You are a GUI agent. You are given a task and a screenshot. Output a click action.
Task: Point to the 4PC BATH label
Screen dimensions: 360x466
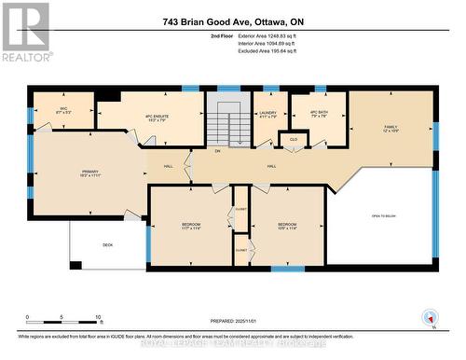[317, 116]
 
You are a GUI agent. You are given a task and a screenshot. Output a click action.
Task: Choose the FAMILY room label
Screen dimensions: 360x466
[391, 128]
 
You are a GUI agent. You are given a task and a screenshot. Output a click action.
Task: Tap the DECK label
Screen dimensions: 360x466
[108, 245]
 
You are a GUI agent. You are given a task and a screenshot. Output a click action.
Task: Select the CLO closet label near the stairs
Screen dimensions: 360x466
[293, 139]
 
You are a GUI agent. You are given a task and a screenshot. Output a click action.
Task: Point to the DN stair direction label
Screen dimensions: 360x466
[217, 151]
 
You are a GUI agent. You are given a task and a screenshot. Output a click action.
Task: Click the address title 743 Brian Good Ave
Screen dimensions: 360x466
[233, 21]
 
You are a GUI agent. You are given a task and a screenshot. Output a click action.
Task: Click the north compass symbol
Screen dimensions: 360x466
[431, 317]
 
